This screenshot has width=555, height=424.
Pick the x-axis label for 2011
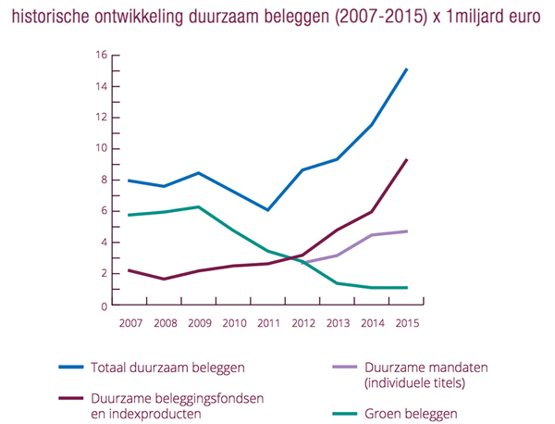pyautogui.click(x=268, y=323)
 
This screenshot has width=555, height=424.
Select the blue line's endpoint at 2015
pyautogui.click(x=407, y=69)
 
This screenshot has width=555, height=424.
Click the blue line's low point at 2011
pyautogui.click(x=268, y=210)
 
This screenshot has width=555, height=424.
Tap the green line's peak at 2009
pyautogui.click(x=198, y=206)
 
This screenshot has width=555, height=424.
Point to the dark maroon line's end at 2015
pyautogui.click(x=407, y=159)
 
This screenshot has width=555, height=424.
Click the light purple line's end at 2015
pyautogui.click(x=407, y=231)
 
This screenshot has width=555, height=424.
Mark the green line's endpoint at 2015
pyautogui.click(x=407, y=287)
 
